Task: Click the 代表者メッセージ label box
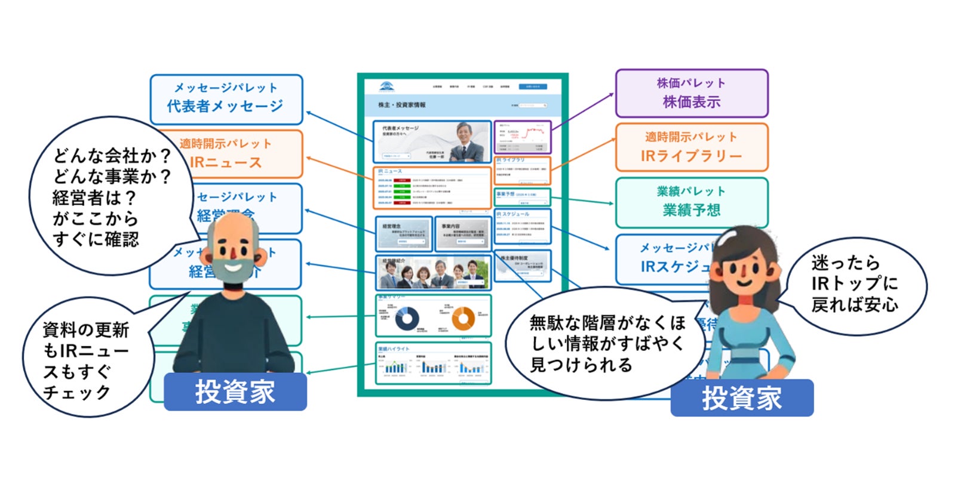[x=226, y=98]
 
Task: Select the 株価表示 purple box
[x=691, y=93]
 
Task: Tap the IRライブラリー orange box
[x=691, y=147]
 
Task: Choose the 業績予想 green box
[x=691, y=202]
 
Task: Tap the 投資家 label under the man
[x=235, y=392]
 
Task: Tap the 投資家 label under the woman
[x=741, y=398]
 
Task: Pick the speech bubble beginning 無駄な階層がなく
[x=603, y=343]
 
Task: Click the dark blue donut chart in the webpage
[x=407, y=319]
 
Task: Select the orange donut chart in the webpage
[x=463, y=319]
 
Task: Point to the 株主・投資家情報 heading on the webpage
[x=402, y=105]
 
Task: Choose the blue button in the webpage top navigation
[x=532, y=87]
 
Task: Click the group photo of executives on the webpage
[x=433, y=274]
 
